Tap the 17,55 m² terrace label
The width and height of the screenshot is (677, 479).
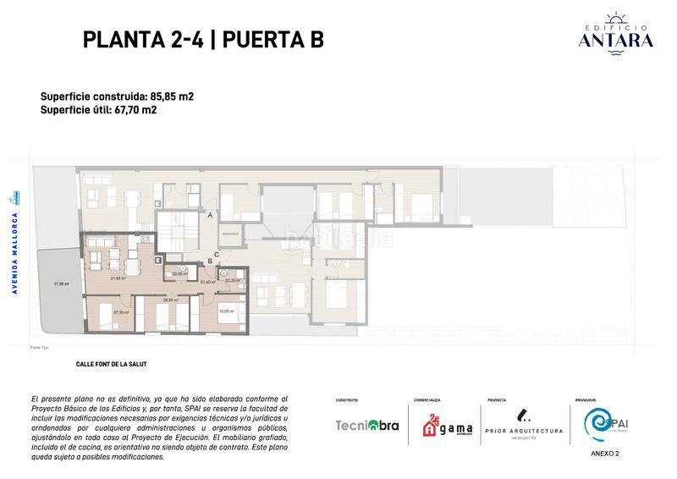pos(60,284)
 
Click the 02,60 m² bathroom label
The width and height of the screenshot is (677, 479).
pos(179,273)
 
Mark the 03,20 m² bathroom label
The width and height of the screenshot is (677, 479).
pos(230,281)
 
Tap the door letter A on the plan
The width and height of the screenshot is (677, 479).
pos(210,216)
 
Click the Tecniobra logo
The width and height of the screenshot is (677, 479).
pos(366,426)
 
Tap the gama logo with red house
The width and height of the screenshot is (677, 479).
pos(443,426)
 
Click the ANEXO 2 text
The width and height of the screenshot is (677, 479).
pos(604,454)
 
